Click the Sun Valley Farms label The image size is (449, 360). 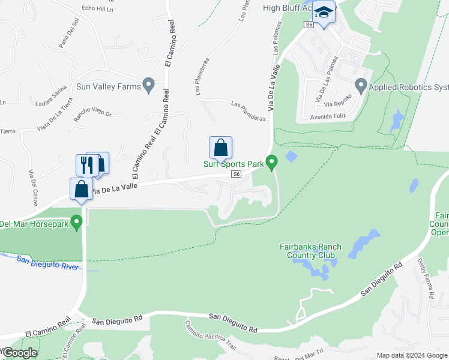tap(108, 86)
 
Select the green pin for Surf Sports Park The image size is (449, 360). tap(272, 162)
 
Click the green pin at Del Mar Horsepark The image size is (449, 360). tap(76, 223)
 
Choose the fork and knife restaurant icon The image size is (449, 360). tap(87, 164)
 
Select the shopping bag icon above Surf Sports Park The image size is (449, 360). tap(220, 148)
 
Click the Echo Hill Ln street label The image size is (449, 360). tap(97, 9)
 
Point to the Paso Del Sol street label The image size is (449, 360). tap(69, 37)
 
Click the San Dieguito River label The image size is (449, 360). tap(48, 263)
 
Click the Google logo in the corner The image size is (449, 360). tap(19, 353)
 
